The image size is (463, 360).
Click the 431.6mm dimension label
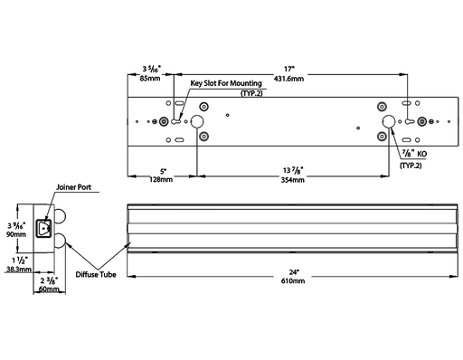point(288,79)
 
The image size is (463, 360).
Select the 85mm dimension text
point(150,79)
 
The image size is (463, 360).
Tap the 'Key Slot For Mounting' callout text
point(226,83)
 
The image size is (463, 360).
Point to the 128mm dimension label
point(161,179)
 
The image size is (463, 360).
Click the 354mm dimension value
point(293,180)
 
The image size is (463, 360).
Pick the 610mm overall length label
point(293,281)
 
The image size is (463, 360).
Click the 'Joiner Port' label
point(73,187)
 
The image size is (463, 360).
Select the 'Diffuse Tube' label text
point(96,274)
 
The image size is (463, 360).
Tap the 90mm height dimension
point(16,234)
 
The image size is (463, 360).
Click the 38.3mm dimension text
point(19,269)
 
